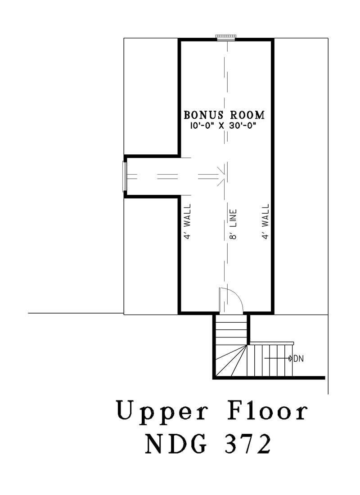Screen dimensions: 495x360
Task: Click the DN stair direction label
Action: [x=299, y=359]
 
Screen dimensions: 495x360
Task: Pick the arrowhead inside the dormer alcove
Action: [x=220, y=176]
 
